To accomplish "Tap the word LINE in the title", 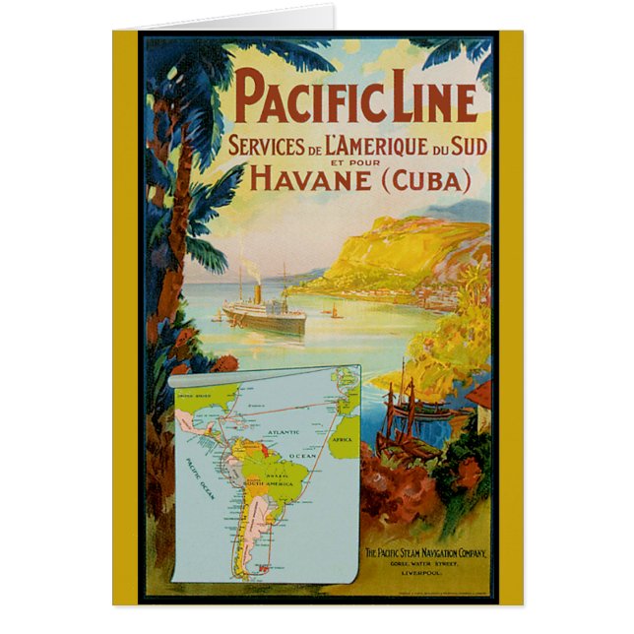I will pos(431,99).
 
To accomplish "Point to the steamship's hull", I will pos(264,322).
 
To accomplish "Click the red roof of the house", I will pos(479,395).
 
